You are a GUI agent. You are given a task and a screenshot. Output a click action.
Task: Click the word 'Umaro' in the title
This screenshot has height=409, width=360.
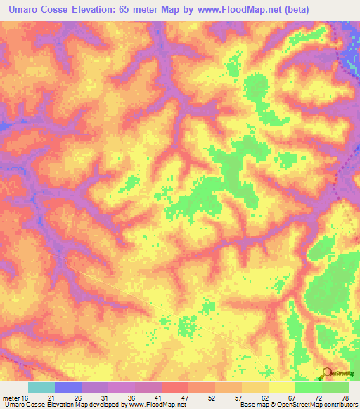[21, 9]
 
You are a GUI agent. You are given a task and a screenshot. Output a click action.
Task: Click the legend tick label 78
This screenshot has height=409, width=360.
[345, 398]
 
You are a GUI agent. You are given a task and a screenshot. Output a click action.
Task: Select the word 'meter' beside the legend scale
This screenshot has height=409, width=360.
[11, 398]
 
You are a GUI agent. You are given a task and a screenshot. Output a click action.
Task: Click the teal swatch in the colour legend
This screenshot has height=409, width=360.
[41, 387]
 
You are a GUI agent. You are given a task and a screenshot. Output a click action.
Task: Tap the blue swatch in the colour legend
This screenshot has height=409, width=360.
[68, 387]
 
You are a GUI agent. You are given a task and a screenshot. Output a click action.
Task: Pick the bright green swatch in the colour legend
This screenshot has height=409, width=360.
[309, 387]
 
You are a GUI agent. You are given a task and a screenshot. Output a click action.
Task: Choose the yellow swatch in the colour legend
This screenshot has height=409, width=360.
[282, 387]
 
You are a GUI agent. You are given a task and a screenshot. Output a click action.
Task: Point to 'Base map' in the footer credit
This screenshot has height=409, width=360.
[253, 405]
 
